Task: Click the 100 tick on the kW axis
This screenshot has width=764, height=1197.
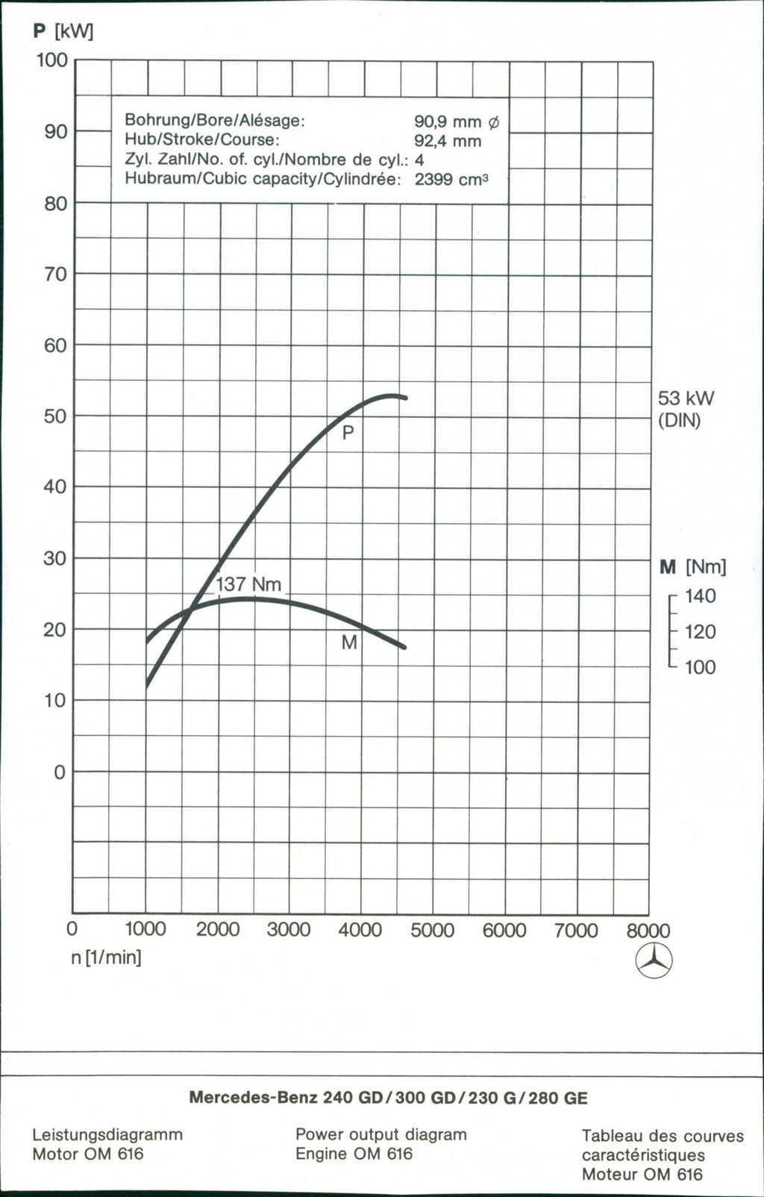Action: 52,60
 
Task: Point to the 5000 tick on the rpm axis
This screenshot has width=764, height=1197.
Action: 432,931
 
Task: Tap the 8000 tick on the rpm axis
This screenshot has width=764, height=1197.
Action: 648,931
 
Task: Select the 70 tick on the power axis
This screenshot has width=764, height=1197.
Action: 55,275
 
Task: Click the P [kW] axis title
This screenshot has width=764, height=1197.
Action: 63,32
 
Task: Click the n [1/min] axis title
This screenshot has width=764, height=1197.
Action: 106,957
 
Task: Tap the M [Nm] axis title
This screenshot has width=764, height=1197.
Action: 692,567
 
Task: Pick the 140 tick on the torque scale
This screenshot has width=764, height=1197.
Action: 700,596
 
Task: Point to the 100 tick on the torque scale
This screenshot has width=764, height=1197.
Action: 700,667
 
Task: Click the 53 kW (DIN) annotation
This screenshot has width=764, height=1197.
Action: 686,409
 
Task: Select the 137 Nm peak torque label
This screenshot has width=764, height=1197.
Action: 248,584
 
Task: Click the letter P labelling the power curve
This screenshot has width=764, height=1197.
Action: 348,433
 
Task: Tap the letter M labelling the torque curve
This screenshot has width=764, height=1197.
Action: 349,643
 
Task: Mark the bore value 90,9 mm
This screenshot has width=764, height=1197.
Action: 457,121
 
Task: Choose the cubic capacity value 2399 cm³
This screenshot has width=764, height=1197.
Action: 451,180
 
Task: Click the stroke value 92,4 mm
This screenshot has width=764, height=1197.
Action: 448,141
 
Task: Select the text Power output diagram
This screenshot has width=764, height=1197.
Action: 381,1134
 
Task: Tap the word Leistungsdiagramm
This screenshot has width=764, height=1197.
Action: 107,1134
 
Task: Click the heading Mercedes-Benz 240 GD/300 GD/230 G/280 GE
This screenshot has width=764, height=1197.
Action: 388,1098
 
